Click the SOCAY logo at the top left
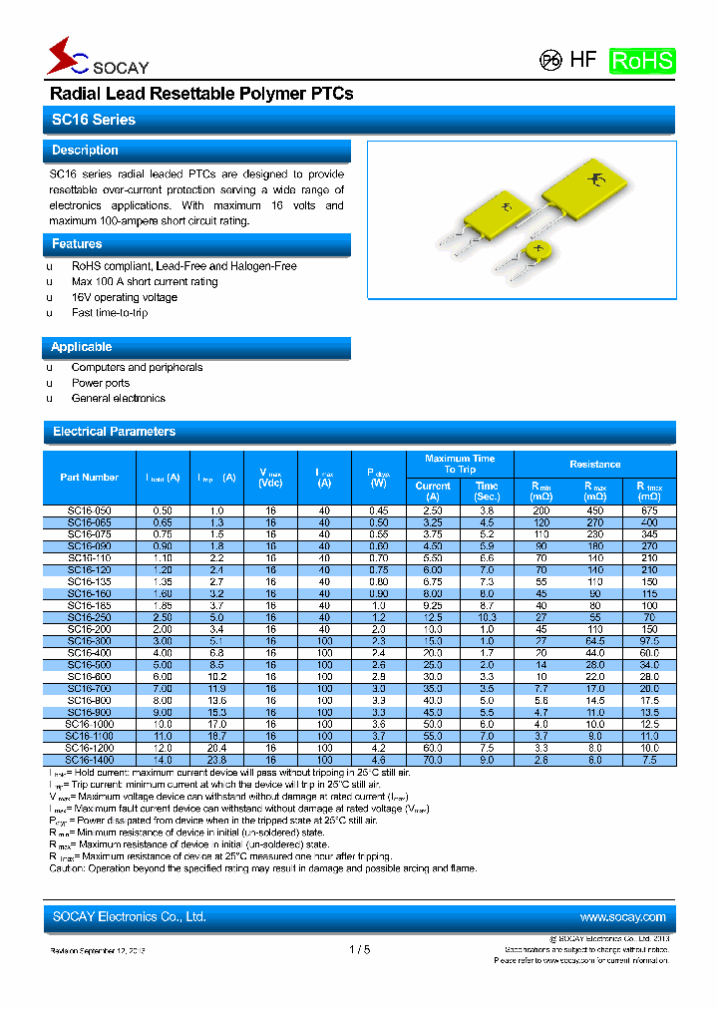point(97,59)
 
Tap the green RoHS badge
point(642,60)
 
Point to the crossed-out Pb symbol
point(549,60)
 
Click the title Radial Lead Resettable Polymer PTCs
point(201,94)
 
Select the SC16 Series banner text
point(93,120)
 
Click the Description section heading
point(85,151)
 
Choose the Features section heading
point(77,244)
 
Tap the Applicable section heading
point(81,347)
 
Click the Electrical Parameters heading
point(114,432)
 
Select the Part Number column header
point(89,478)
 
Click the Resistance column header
point(594,465)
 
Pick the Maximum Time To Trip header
point(459,464)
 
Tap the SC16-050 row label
point(89,510)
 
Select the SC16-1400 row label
point(89,760)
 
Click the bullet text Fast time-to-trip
point(110,313)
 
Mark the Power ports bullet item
point(101,383)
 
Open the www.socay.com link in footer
point(621,917)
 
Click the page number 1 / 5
point(359,950)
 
